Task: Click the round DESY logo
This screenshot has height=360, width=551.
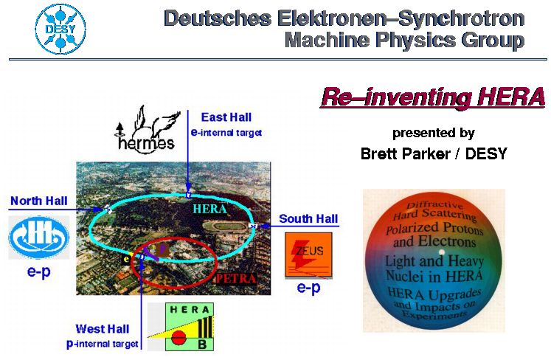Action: [60, 30]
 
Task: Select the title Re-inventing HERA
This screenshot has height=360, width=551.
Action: [433, 97]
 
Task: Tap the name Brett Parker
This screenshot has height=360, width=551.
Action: [405, 153]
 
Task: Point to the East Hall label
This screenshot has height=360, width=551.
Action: [226, 117]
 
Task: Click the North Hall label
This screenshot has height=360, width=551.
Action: [38, 201]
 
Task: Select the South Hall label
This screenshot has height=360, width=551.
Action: [308, 218]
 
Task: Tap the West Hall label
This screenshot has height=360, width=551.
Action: [103, 329]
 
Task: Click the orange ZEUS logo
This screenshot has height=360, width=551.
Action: [308, 255]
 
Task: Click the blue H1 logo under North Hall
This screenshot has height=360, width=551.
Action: [38, 237]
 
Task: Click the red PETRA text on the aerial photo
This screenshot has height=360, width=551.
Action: [236, 279]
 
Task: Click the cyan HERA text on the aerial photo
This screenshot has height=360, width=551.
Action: [209, 209]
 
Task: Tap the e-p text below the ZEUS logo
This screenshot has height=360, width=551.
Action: [308, 287]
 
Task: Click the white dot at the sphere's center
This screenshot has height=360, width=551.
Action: [441, 252]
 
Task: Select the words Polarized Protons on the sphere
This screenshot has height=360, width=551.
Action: [434, 229]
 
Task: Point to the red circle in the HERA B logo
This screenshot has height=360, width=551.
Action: [179, 338]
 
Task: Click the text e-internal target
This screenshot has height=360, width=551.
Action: [226, 133]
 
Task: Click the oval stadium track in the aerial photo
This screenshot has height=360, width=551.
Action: [225, 226]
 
